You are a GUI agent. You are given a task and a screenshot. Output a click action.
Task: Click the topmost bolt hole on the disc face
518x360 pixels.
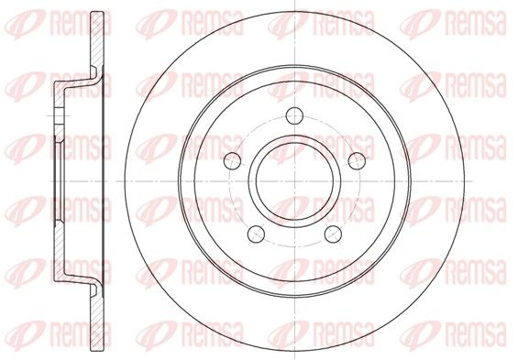[294, 115]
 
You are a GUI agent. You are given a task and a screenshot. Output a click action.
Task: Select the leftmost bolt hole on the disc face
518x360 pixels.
[232, 161]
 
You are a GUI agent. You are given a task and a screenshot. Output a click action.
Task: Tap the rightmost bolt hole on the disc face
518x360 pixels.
[358, 161]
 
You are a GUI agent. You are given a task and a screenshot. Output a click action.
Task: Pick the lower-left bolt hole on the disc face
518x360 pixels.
[256, 234]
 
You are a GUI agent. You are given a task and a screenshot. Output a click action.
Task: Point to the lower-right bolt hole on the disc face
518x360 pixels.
[333, 234]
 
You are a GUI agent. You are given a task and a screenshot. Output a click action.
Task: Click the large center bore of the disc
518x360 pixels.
[294, 181]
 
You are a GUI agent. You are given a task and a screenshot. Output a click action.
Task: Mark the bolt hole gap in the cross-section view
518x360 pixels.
[59, 115]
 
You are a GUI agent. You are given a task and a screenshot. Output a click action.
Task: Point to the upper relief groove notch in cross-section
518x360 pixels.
[94, 71]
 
